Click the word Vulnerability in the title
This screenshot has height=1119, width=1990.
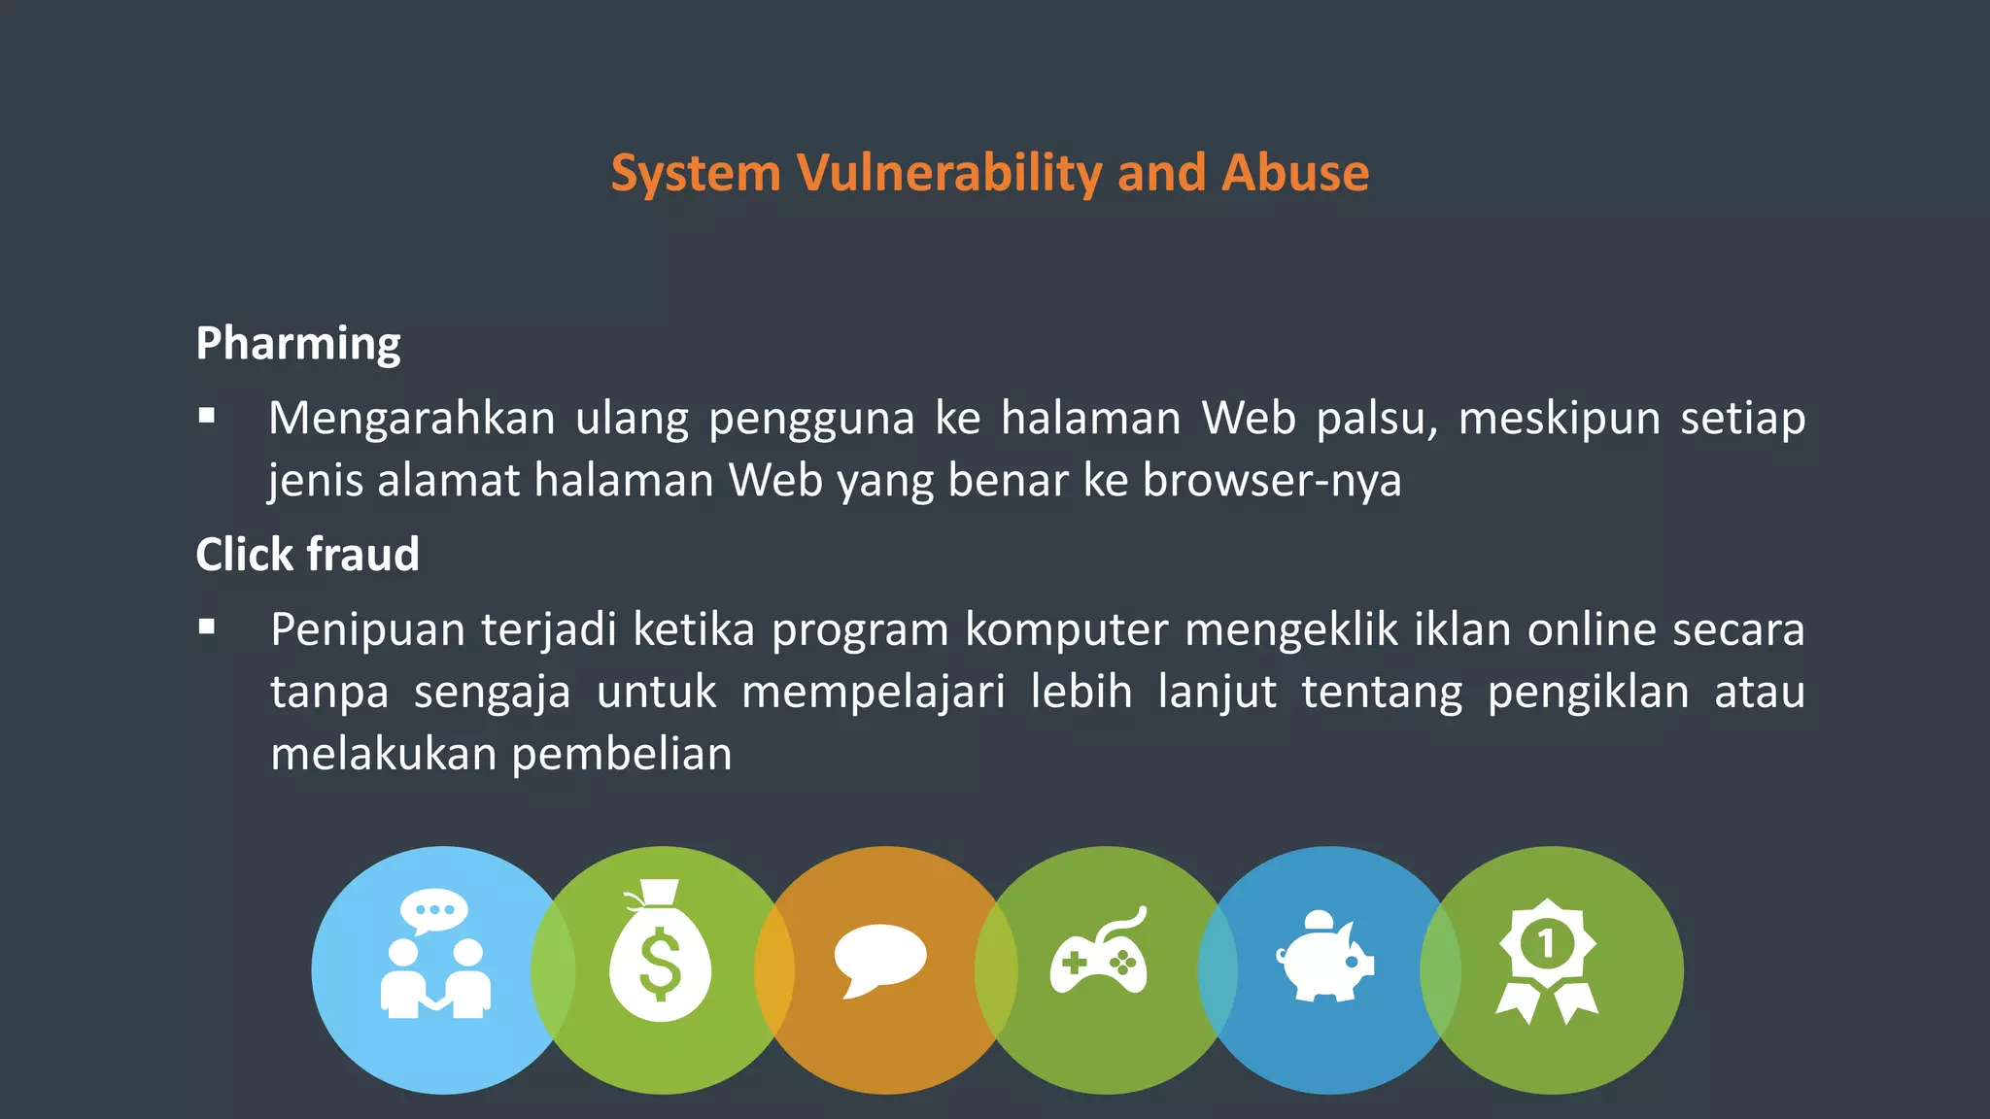point(948,174)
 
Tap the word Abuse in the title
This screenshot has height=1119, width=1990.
point(1295,174)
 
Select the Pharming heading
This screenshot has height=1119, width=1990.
point(298,344)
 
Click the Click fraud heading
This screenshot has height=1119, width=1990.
point(307,555)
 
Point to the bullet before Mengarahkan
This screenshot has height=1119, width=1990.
point(206,417)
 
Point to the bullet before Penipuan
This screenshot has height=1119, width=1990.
point(206,627)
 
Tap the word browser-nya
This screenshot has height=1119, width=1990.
point(1272,481)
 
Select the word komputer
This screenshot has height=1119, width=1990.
point(1066,629)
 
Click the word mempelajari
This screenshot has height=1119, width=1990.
point(873,693)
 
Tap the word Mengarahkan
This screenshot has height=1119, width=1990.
point(411,420)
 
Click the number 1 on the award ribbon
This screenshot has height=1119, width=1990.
point(1545,942)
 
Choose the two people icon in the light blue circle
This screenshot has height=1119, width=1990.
point(435,957)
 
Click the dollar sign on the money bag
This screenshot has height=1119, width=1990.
point(661,964)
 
